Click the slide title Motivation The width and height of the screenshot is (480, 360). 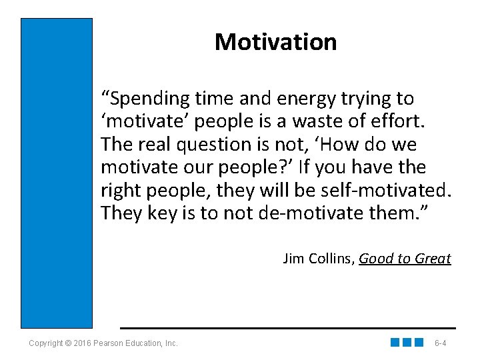click(x=275, y=42)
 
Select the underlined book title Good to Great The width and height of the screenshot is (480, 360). click(x=405, y=258)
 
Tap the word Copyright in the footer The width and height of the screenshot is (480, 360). click(x=46, y=343)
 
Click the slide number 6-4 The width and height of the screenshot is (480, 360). click(x=440, y=343)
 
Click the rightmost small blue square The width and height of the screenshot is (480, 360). click(x=419, y=343)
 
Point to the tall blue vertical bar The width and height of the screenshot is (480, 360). click(x=57, y=173)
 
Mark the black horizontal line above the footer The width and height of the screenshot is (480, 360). click(x=287, y=328)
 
